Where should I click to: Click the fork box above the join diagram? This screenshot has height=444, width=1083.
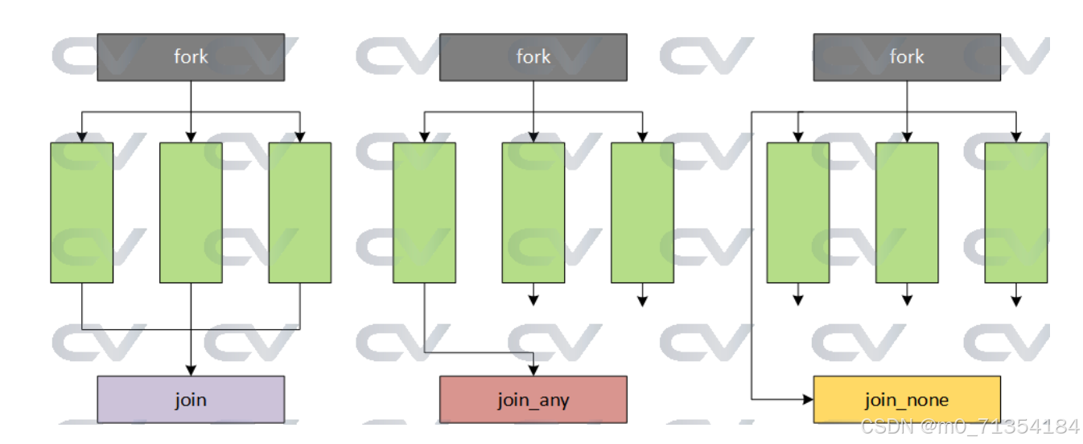point(191,56)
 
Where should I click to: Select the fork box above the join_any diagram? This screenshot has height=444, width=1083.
point(533,56)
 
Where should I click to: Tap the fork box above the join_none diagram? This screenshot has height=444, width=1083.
point(907,56)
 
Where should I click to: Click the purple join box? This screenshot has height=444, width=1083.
point(191,399)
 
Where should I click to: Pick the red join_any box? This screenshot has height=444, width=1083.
point(533,399)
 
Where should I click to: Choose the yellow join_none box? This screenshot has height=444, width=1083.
point(907,399)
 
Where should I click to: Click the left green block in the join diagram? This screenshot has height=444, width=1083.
point(81,212)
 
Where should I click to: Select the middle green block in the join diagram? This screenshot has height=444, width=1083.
point(191,212)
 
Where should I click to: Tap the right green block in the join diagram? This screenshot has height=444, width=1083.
point(299,212)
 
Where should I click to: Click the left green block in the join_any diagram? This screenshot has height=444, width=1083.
point(424,212)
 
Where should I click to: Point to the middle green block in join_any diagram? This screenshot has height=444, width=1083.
point(533,212)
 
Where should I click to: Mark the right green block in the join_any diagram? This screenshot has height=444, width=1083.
point(642,212)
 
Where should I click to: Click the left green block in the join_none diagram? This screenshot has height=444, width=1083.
point(797,212)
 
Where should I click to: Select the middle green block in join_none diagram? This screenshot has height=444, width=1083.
point(907,212)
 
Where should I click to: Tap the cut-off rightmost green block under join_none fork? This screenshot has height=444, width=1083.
point(1016,212)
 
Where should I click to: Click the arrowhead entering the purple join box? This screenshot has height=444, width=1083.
point(191,370)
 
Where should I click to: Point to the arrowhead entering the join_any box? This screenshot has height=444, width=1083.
point(533,370)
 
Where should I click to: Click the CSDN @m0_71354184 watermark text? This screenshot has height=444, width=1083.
point(970,426)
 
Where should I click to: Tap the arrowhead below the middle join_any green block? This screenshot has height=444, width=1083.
point(533,301)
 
